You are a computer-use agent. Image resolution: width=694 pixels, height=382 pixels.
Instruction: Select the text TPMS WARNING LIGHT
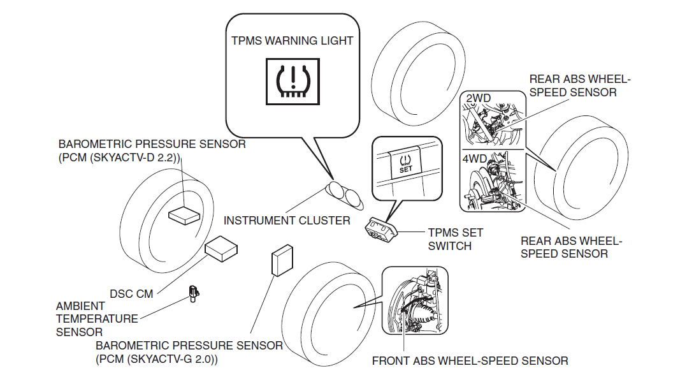(x=292, y=41)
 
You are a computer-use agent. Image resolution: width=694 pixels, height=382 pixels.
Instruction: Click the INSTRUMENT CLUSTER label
(x=287, y=221)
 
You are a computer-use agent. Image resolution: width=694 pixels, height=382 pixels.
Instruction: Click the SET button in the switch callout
(x=405, y=164)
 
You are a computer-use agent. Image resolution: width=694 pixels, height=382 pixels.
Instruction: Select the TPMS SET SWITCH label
(x=455, y=239)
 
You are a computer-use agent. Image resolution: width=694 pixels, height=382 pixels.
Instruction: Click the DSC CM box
(x=220, y=249)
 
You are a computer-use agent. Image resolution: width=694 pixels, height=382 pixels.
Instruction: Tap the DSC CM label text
(x=132, y=294)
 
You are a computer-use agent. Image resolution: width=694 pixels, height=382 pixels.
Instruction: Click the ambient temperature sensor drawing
(x=192, y=293)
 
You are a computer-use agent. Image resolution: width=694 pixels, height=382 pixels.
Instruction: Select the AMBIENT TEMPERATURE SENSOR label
(x=97, y=319)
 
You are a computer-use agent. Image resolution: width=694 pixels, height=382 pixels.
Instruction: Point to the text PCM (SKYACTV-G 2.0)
(x=157, y=360)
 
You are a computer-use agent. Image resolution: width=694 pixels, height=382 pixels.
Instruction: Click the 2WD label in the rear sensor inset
(x=479, y=98)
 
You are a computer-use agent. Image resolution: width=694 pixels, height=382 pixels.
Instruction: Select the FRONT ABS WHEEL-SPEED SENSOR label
(x=470, y=361)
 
